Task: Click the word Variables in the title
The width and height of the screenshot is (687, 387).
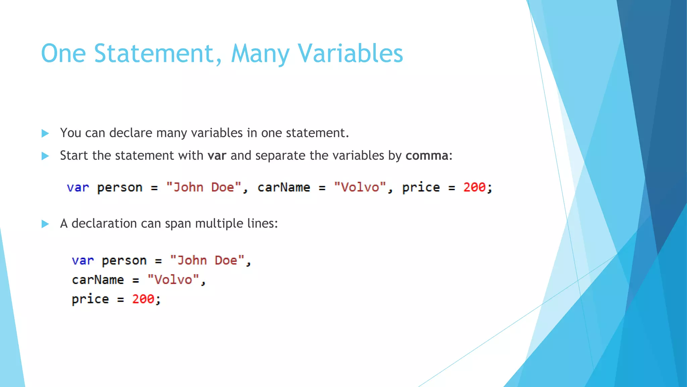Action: [x=351, y=54]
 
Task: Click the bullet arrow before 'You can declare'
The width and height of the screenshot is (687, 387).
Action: [x=45, y=133]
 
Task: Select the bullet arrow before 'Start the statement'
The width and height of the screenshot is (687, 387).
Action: [x=45, y=156]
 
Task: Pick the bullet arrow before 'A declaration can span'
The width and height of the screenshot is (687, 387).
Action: [x=45, y=224]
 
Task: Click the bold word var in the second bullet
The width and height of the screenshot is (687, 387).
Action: [x=217, y=156]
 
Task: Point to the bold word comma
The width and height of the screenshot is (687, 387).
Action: [x=427, y=156]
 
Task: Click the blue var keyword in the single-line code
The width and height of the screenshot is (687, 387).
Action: [x=78, y=187]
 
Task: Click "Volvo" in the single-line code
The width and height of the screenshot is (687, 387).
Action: [x=360, y=187]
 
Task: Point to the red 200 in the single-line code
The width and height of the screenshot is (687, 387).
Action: [x=474, y=187]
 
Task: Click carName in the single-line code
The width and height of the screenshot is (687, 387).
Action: [x=284, y=187]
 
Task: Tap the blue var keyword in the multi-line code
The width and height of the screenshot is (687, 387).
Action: [x=83, y=261]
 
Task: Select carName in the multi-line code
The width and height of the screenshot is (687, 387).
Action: [x=98, y=280]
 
